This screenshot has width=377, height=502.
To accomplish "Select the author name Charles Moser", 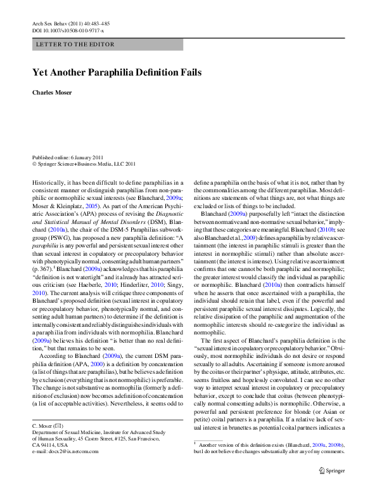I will click(52, 92).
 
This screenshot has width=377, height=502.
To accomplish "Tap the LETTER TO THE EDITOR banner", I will click(75, 44).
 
